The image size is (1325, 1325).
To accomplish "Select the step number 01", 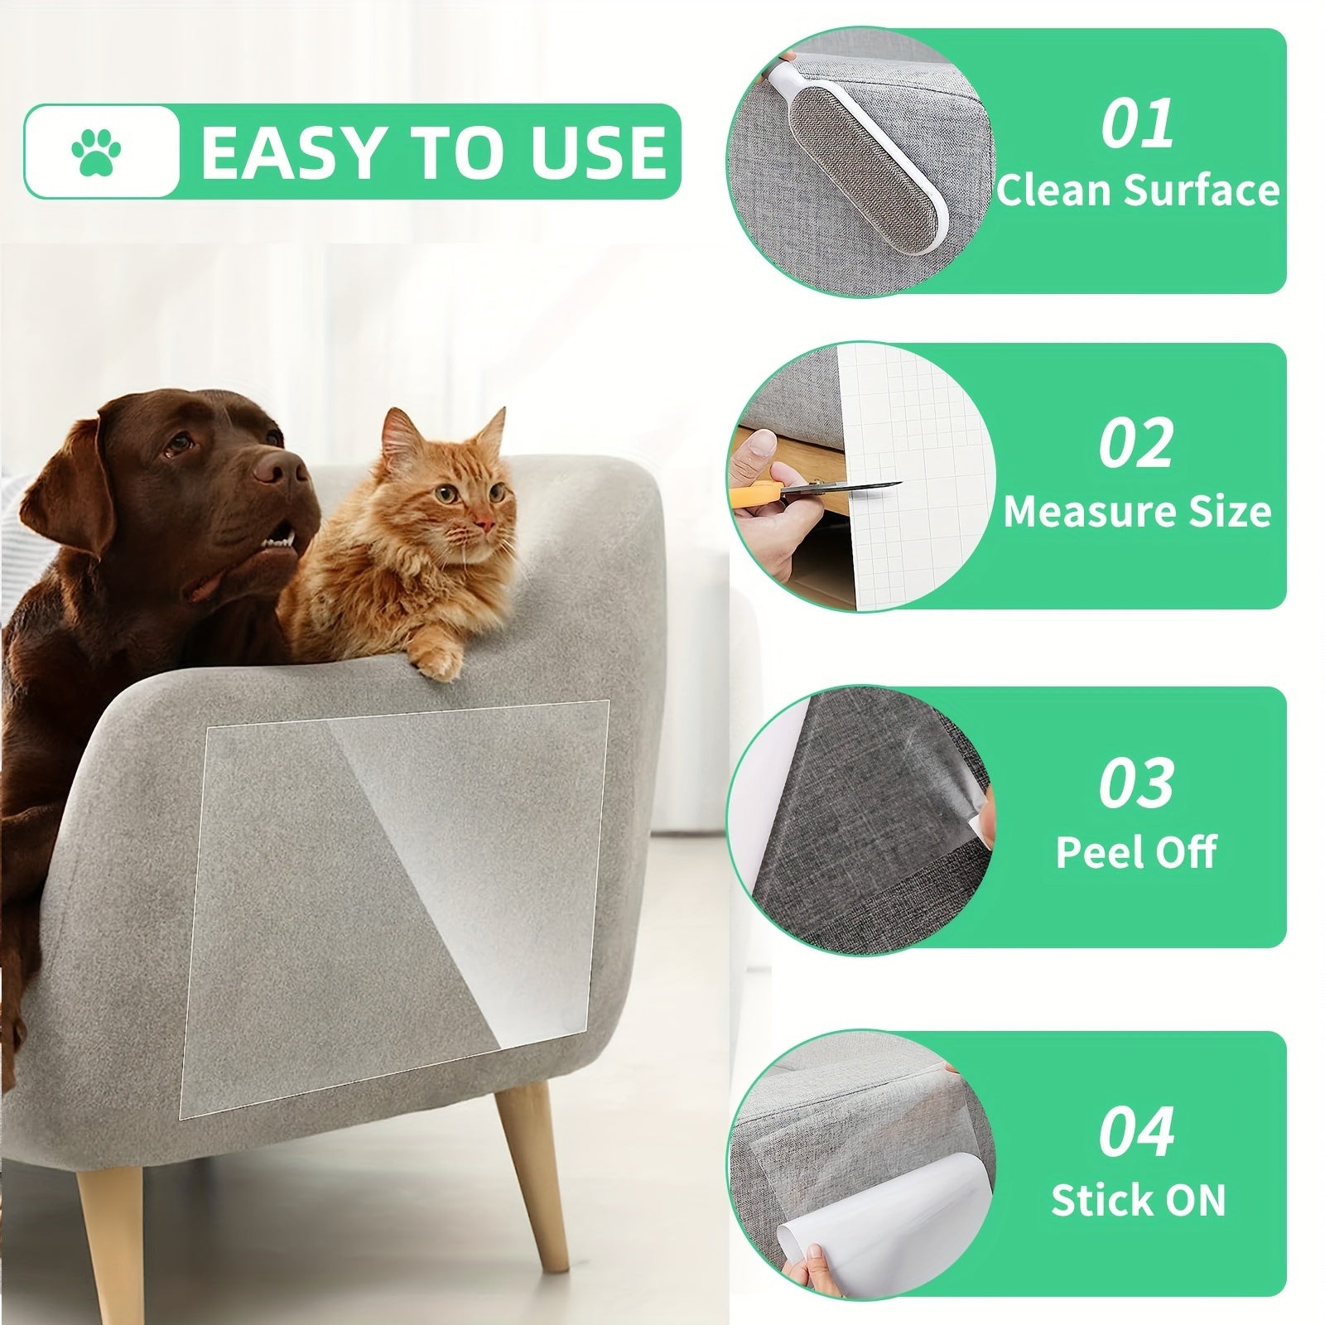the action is [1137, 123].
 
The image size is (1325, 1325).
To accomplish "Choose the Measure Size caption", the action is [1137, 511].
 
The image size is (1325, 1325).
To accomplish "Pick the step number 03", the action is [1136, 782].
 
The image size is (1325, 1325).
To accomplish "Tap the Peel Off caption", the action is [1136, 851].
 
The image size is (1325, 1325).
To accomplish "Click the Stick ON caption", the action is [1137, 1199].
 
